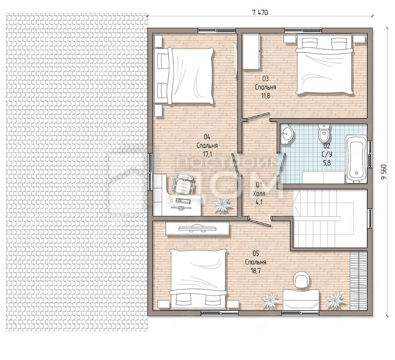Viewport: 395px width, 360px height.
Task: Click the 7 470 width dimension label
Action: click(260, 12)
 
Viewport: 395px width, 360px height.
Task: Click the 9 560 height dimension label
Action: click(384, 172)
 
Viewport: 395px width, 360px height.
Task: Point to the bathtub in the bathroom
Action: click(356, 159)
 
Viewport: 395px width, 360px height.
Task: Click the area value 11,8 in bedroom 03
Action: click(265, 96)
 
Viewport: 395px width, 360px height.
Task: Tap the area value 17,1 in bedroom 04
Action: click(207, 154)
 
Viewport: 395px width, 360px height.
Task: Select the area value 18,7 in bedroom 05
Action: click(256, 271)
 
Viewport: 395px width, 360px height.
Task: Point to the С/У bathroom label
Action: click(327, 154)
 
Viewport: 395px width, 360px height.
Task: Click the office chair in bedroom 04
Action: click(183, 183)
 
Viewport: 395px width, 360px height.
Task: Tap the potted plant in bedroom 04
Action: click(223, 204)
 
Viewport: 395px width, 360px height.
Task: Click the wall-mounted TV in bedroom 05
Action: click(197, 229)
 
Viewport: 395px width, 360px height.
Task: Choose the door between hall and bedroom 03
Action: click(259, 117)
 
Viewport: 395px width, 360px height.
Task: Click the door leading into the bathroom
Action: click(281, 164)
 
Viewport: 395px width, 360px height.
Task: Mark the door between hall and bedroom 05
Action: click(259, 222)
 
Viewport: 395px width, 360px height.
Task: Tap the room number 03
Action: click(265, 78)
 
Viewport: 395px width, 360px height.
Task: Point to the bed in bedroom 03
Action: click(324, 65)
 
